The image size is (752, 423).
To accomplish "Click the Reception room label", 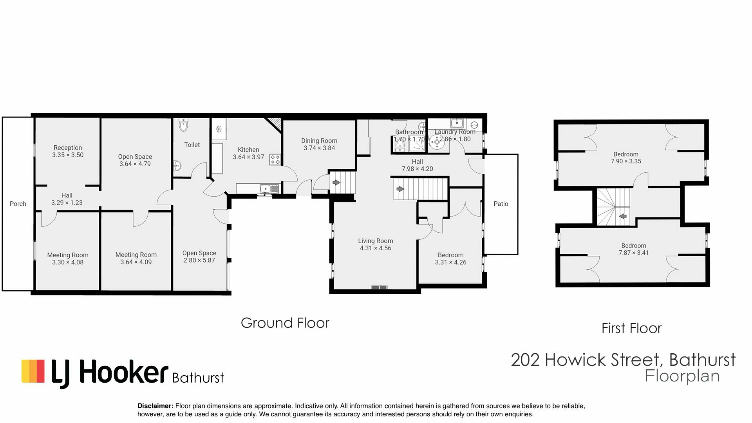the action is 68,148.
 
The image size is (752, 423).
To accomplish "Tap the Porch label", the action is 18,204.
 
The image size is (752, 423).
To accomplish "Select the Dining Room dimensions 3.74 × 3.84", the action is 319,148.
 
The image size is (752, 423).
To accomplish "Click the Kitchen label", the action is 248,150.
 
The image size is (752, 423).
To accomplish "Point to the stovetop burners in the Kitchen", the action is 275,159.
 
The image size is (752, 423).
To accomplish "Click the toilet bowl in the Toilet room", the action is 183,125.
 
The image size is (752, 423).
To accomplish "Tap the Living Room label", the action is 375,241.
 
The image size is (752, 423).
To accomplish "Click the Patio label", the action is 501,204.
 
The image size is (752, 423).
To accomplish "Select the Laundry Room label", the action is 455,132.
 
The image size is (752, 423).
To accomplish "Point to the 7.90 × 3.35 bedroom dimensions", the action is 626,161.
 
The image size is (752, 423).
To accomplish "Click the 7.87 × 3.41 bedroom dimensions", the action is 633,253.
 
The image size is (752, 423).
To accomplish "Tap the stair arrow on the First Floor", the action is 622,216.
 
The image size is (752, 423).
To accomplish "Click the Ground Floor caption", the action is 285,323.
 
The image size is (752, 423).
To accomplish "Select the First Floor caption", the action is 631,328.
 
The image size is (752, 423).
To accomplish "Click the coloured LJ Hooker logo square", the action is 33,371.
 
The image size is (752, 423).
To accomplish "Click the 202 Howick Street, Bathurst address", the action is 623,360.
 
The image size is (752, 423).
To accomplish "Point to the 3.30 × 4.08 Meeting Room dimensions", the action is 68,262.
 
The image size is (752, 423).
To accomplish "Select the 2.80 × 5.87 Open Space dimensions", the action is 199,260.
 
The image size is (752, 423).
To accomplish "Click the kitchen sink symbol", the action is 269,189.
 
